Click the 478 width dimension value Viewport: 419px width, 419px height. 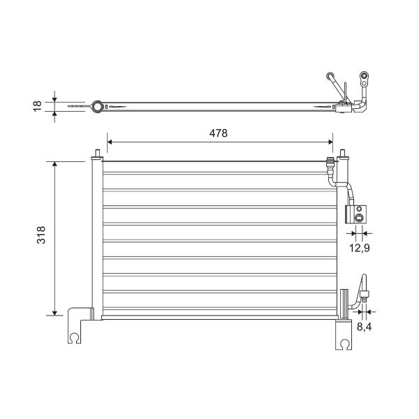[x=219, y=133]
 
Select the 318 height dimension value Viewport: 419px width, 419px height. [x=41, y=235]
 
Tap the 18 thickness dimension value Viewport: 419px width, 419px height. [x=38, y=106]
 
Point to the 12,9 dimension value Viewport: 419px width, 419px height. [x=360, y=248]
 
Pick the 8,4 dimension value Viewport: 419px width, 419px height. [x=365, y=327]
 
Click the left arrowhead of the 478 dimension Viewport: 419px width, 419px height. [x=110, y=142]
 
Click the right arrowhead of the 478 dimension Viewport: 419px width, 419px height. [x=330, y=142]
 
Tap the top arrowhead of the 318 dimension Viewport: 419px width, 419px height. [x=54, y=164]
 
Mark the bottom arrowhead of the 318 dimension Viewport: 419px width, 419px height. [x=54, y=313]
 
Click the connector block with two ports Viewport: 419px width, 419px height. [x=355, y=214]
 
